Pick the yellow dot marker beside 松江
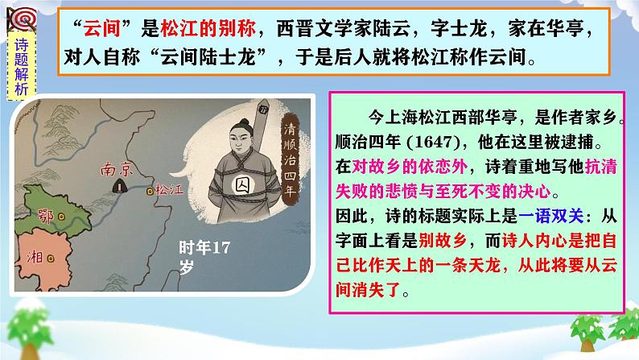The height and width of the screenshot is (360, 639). [150, 192]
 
